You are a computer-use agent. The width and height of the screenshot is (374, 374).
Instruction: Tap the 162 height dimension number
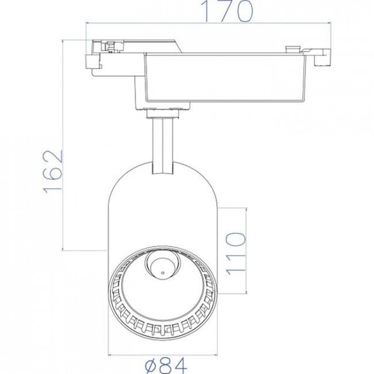53,171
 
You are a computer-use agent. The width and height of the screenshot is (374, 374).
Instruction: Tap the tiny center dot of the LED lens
158,269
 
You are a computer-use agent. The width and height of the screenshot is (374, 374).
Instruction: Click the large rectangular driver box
225,78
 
